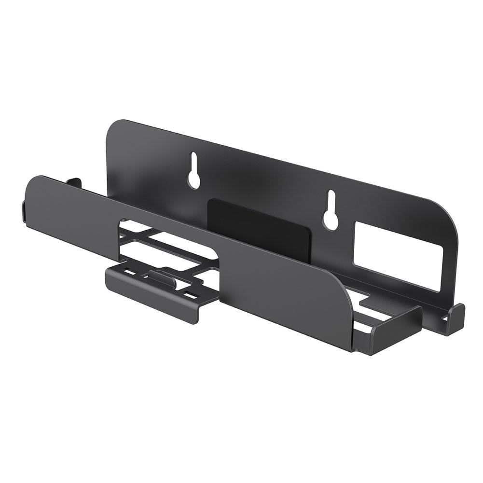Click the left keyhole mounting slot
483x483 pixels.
(x=194, y=171)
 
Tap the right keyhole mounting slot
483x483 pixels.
(x=331, y=210)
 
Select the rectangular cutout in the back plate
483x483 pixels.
(x=398, y=261)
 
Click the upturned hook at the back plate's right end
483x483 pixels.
(x=454, y=318)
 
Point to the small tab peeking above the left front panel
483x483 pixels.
(x=74, y=182)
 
